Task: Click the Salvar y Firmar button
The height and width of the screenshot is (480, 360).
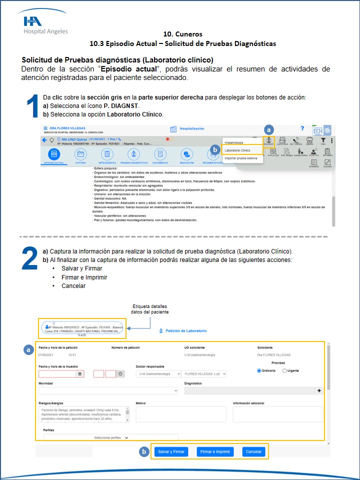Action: click(171, 451)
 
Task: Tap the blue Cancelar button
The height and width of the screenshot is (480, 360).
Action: click(253, 451)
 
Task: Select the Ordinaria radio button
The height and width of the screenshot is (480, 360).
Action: click(259, 370)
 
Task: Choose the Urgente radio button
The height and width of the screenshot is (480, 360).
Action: click(284, 370)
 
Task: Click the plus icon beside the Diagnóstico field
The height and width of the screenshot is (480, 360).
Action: click(319, 390)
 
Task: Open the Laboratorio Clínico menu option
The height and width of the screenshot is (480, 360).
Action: click(237, 150)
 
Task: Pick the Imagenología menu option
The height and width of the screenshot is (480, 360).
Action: click(234, 142)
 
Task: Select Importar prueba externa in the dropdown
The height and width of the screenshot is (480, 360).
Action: click(241, 158)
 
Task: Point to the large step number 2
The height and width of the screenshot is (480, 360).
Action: click(30, 259)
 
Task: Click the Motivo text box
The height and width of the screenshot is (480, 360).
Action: click(180, 414)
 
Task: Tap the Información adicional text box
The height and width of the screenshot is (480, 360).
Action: click(278, 414)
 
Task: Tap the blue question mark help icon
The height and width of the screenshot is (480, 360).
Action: click(302, 129)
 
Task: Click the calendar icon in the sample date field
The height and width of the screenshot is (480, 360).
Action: click(79, 373)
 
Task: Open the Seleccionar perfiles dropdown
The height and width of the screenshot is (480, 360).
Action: click(111, 437)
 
